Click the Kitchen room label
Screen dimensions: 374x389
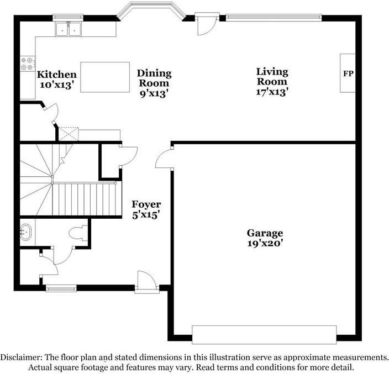[56, 75]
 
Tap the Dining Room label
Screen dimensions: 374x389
[154, 78]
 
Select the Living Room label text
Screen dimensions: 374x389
[272, 77]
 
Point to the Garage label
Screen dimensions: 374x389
[265, 233]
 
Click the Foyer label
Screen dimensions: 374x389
[146, 205]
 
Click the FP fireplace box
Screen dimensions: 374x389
[348, 73]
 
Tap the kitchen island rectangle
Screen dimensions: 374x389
[105, 77]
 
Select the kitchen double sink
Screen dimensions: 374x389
[69, 29]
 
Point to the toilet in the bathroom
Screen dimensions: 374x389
[79, 233]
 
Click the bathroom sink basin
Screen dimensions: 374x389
[26, 233]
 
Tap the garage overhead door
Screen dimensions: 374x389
[264, 334]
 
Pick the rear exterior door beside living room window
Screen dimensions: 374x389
[207, 23]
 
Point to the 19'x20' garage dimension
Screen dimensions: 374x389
[265, 243]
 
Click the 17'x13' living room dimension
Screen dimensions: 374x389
[272, 92]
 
